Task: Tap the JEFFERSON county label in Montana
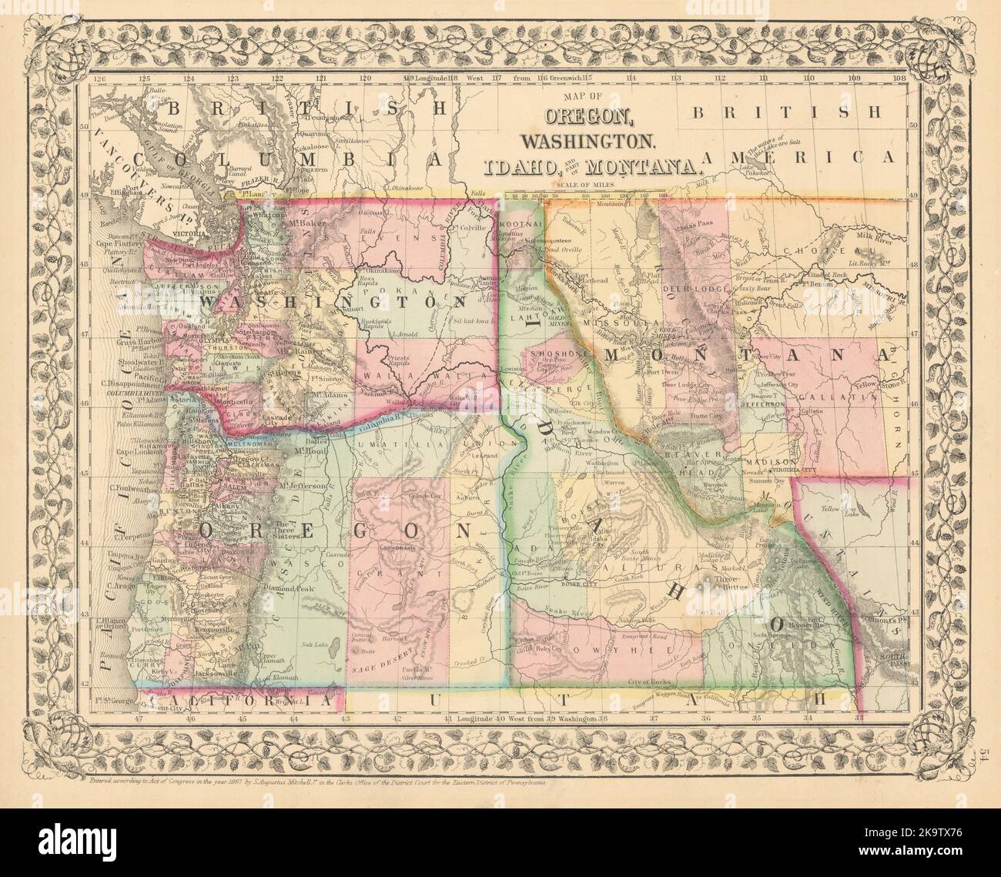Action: (763, 403)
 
